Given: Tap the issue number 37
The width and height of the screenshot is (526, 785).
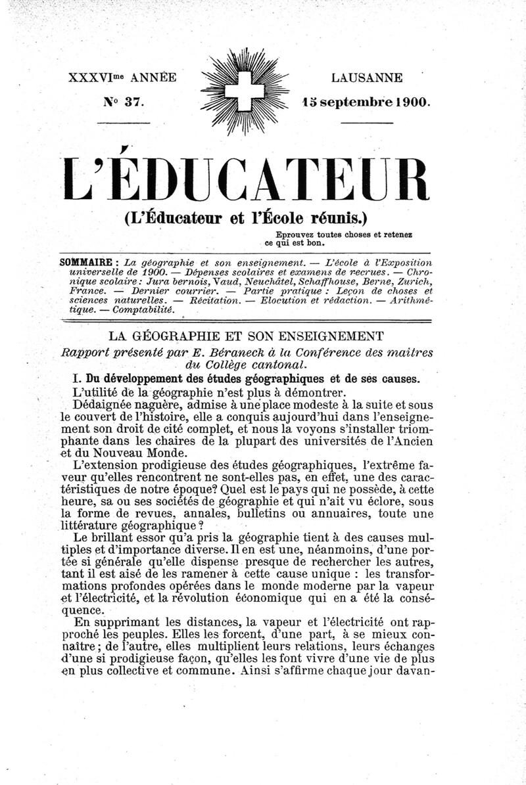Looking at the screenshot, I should [133, 102].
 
